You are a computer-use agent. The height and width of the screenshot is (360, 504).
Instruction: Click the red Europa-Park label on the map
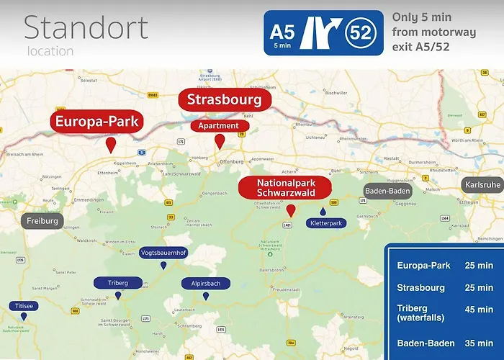tap(97, 121)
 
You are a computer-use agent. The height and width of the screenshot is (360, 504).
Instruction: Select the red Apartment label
tap(220, 125)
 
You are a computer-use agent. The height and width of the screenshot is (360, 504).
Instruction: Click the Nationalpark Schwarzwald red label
tap(286, 189)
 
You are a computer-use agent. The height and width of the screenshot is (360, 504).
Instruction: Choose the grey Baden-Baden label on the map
tap(389, 192)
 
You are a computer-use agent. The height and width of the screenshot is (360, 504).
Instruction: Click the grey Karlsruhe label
tap(482, 184)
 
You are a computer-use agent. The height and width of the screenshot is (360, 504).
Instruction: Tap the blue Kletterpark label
tap(325, 223)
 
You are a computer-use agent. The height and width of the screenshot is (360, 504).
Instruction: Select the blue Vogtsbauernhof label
tap(164, 253)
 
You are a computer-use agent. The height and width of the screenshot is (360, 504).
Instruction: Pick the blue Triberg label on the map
tap(117, 283)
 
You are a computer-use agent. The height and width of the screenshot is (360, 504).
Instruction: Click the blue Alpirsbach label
tap(206, 284)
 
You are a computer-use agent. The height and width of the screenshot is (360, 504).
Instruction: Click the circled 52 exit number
tap(361, 32)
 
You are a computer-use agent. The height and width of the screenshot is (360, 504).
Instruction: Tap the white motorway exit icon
tap(320, 32)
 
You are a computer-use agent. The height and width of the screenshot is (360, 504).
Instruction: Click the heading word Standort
tap(86, 27)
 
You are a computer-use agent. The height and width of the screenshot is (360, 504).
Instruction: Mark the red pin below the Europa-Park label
tap(111, 145)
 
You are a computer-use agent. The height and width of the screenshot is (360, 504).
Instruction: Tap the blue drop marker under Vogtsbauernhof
tap(164, 266)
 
